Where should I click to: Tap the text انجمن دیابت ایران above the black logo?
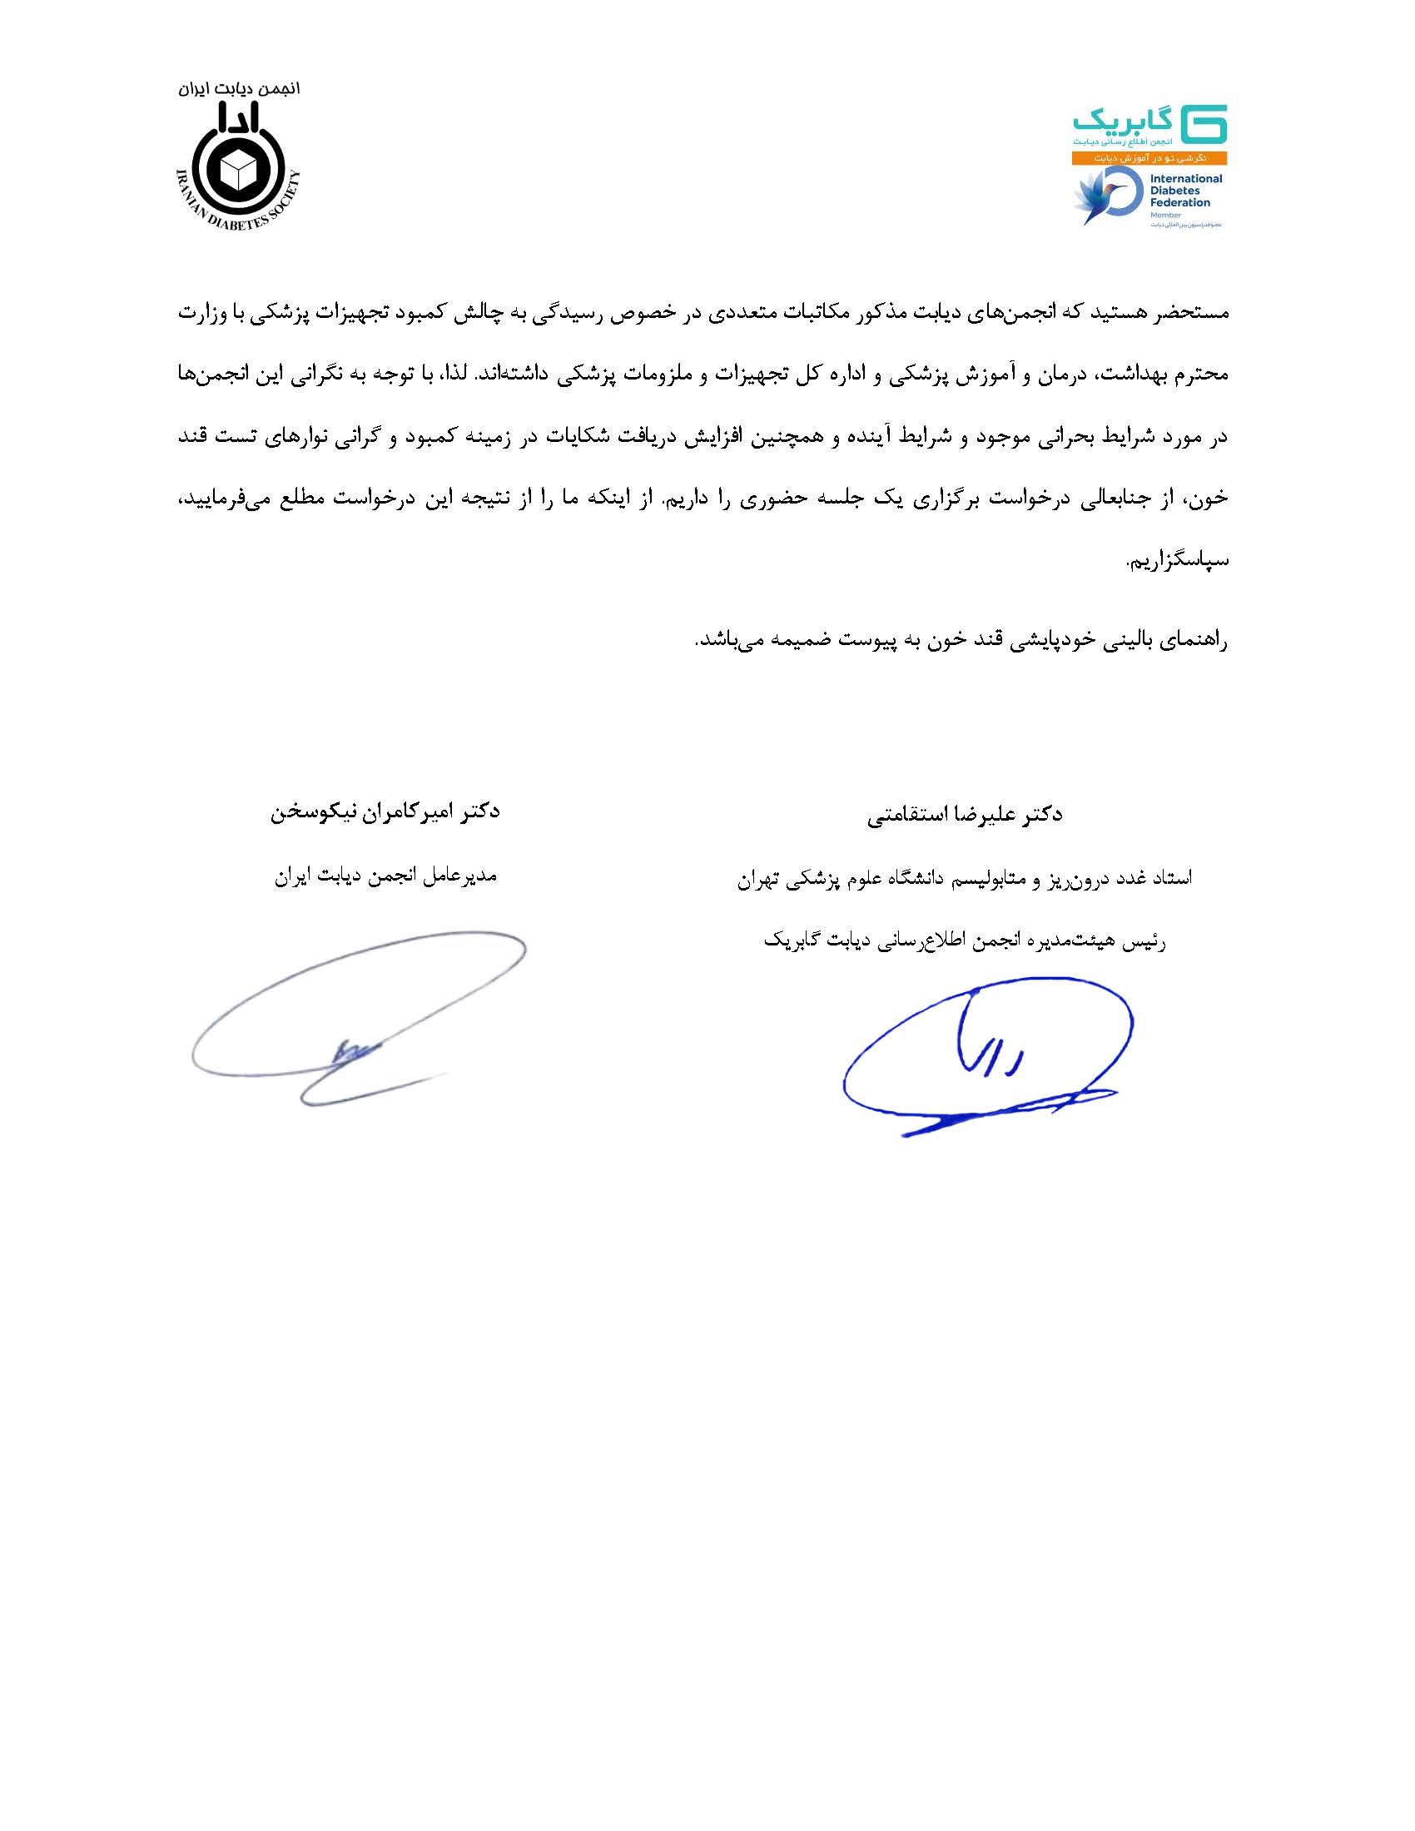coord(239,89)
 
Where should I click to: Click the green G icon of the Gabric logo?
coord(1203,124)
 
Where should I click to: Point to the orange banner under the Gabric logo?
coord(1149,157)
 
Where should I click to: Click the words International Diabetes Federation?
coord(1184,191)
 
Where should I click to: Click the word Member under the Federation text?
coord(1165,216)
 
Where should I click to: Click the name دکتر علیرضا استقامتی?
coord(964,815)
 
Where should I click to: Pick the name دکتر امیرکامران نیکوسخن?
coord(385,811)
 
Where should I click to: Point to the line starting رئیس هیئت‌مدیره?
coord(964,940)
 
